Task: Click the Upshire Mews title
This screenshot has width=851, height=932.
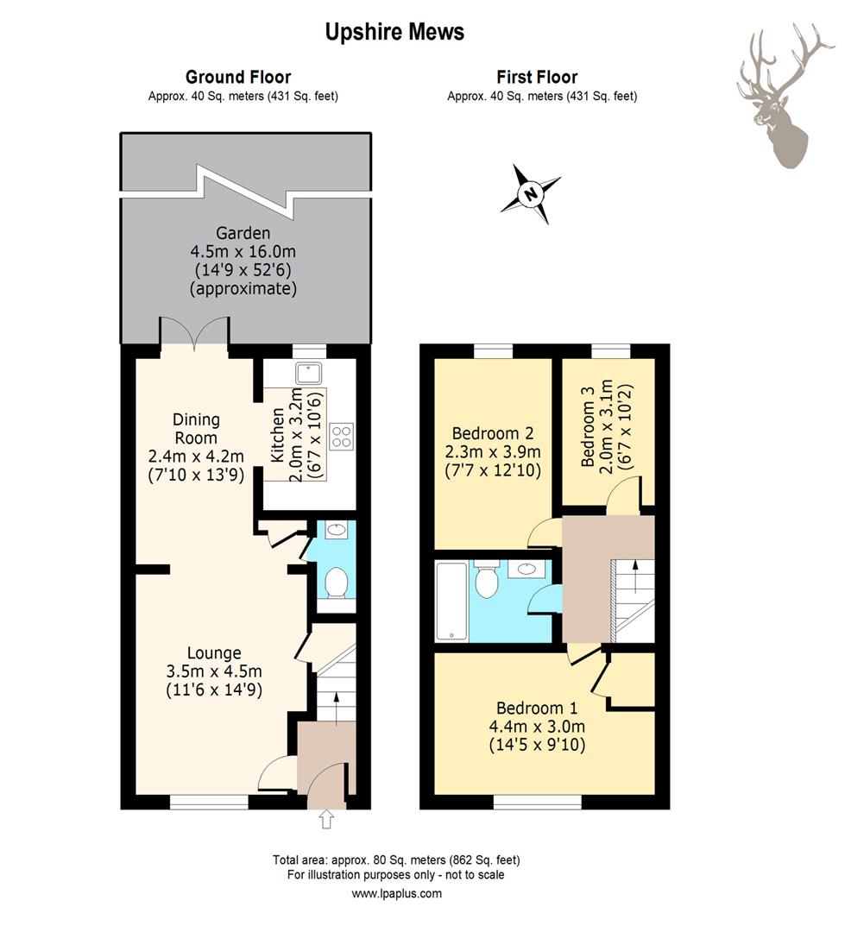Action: pos(394,32)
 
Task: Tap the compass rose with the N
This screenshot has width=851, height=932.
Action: pos(530,193)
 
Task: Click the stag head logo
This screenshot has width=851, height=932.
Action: pos(785,95)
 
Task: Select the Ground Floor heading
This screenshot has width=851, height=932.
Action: pos(237,78)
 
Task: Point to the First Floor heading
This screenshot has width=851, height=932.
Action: pos(537,78)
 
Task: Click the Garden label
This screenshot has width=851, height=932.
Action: pos(243,233)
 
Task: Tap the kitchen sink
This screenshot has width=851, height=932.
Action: pos(308,374)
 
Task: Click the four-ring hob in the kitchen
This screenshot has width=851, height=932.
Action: pos(342,437)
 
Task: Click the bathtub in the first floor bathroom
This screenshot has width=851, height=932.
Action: pos(451,601)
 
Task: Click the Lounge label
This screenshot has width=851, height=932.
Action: pos(214,653)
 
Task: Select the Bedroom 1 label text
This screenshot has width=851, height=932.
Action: pos(537,708)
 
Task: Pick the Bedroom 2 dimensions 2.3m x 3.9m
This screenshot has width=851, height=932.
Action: pos(493,451)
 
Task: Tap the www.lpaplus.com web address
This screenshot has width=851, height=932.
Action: pos(396,893)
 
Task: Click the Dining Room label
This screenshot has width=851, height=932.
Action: pos(196,429)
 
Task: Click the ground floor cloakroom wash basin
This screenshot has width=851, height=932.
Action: pos(337,530)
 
